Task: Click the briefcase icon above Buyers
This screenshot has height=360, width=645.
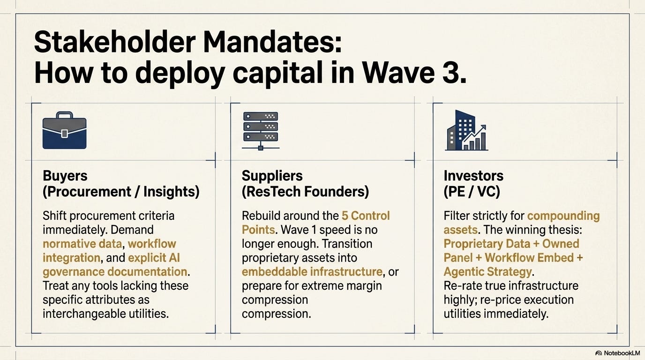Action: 65,130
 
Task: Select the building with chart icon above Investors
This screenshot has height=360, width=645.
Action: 466,130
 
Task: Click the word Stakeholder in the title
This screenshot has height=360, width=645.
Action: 115,42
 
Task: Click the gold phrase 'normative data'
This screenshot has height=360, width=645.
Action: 82,244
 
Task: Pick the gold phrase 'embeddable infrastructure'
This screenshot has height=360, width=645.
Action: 312,271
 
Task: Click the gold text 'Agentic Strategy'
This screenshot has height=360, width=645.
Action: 487,271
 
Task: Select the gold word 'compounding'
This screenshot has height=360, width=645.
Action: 563,216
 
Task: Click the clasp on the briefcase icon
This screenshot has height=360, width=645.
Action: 65,133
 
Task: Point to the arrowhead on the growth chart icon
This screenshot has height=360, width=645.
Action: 483,127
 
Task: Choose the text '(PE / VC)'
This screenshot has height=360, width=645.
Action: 472,192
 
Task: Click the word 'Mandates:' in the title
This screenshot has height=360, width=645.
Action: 273,42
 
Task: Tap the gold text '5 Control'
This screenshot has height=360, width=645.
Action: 366,216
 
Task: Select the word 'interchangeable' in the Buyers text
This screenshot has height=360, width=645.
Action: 84,314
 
